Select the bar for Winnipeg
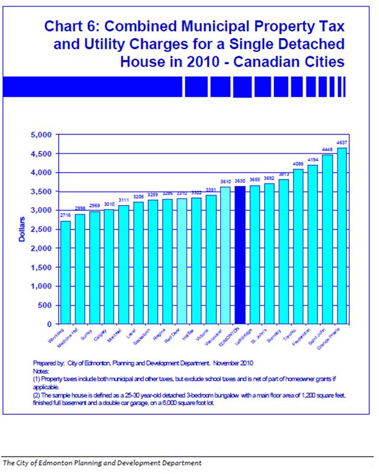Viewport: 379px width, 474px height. [65, 272]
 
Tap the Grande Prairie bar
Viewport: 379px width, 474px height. [342, 236]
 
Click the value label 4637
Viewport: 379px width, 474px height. [342, 142]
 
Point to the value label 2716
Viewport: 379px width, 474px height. [65, 216]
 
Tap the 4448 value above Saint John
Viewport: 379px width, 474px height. [327, 150]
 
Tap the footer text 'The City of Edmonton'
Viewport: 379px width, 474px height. [36, 463]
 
